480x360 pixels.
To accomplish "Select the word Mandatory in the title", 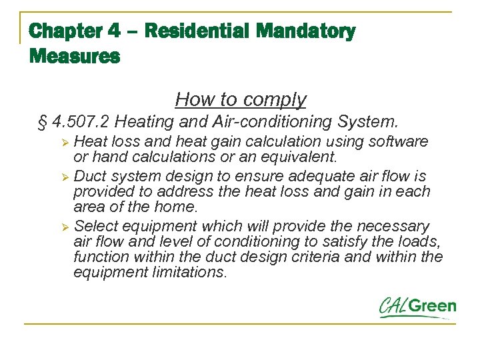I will click(306, 31).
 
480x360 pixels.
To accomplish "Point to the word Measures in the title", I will click(75, 57).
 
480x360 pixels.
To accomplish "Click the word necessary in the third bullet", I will click(396, 226).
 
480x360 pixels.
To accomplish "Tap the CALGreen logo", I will click(417, 307).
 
